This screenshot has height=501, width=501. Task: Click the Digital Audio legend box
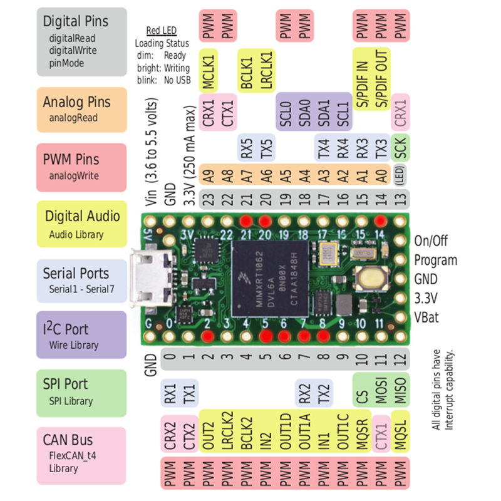tap(81, 225)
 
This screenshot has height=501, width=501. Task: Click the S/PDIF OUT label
tap(381, 70)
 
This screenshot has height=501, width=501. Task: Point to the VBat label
tap(426, 317)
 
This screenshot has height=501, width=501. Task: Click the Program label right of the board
tap(435, 260)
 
